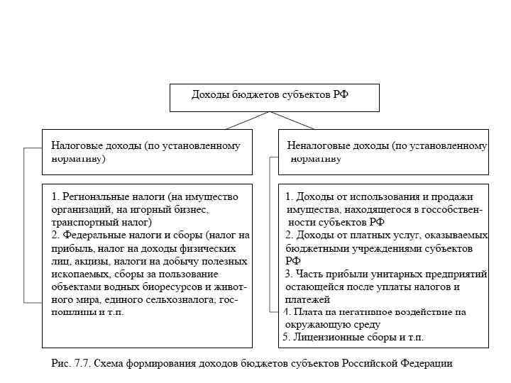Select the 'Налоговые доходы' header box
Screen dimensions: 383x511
coord(147,152)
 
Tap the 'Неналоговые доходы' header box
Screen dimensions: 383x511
coord(383,152)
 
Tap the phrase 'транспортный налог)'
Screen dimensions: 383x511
coord(101,222)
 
